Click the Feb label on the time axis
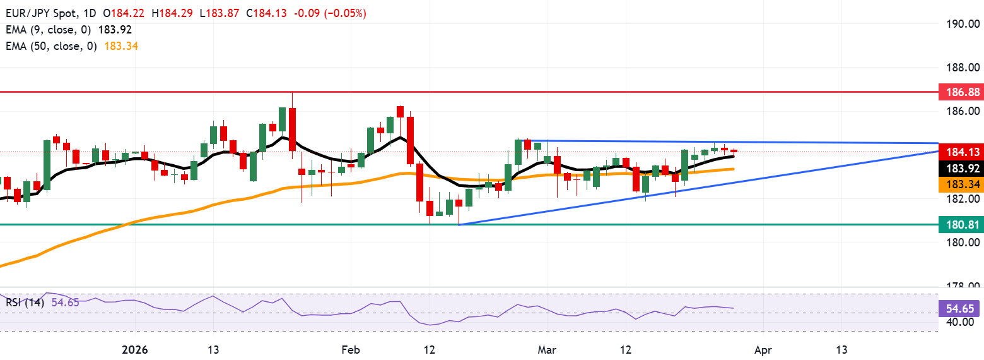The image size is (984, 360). click(x=348, y=349)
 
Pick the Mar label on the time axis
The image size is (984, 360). click(x=546, y=349)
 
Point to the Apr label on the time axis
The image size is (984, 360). click(x=763, y=349)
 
